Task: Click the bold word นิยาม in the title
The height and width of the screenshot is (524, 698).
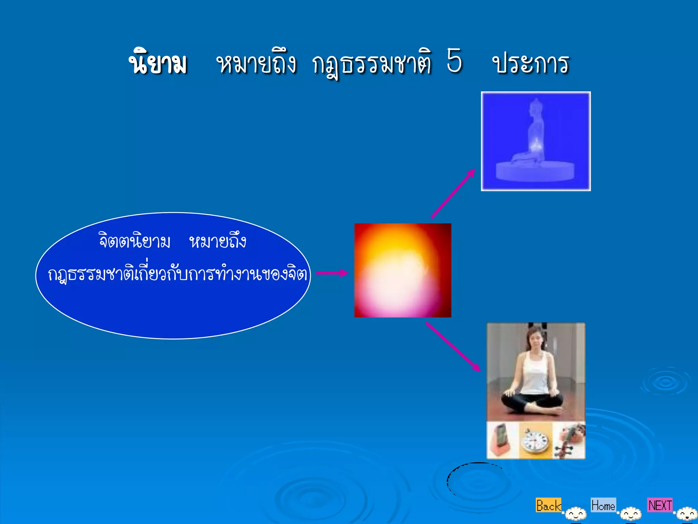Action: tap(158, 63)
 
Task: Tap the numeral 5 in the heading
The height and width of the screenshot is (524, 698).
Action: tap(454, 61)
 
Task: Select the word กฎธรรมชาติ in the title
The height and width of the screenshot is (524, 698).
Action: tap(371, 64)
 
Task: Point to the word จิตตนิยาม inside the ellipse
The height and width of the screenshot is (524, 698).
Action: tap(134, 241)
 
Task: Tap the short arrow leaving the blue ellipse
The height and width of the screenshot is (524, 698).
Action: tap(332, 273)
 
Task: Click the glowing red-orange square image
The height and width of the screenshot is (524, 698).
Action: tap(403, 270)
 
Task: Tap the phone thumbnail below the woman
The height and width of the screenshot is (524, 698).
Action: tap(502, 440)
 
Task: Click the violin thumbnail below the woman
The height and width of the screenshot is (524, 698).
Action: tap(568, 440)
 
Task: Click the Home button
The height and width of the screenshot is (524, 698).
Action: tap(603, 505)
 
